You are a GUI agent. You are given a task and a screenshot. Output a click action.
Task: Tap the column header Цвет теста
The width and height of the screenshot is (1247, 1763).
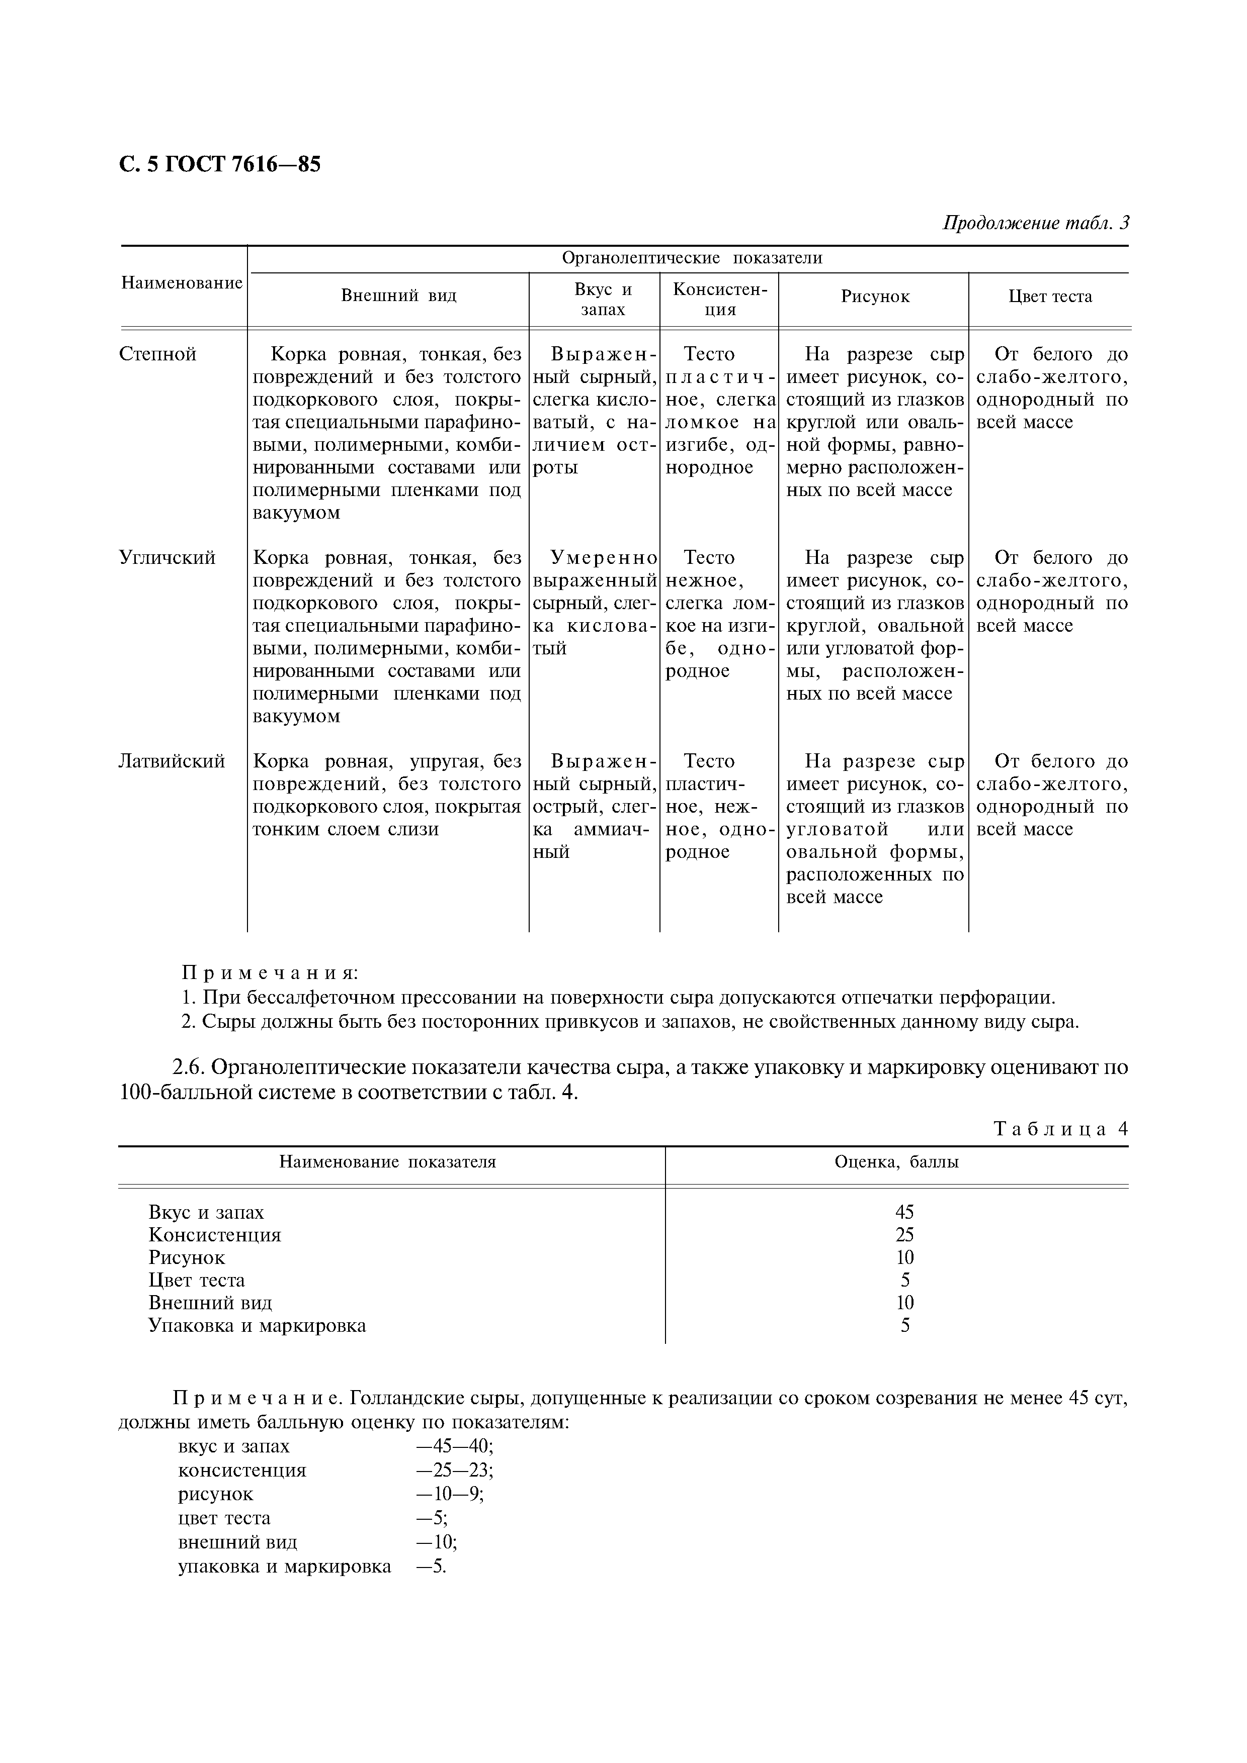coord(1049,297)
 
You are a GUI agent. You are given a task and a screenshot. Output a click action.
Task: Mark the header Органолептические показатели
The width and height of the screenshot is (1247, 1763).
coord(692,258)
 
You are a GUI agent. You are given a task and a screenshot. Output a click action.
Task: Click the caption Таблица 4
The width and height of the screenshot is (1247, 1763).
coord(1060,1129)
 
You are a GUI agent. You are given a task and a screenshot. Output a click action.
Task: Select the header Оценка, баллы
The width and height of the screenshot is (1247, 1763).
coord(896,1162)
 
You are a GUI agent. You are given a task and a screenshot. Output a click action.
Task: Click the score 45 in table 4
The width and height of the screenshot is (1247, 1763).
coord(905,1213)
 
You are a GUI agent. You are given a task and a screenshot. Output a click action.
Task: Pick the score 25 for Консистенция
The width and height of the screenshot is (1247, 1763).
coord(905,1235)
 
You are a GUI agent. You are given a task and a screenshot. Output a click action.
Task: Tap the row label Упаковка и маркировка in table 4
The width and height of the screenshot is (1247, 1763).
coord(258,1325)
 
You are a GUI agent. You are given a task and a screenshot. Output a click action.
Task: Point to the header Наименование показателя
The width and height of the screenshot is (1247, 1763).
coord(387,1162)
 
